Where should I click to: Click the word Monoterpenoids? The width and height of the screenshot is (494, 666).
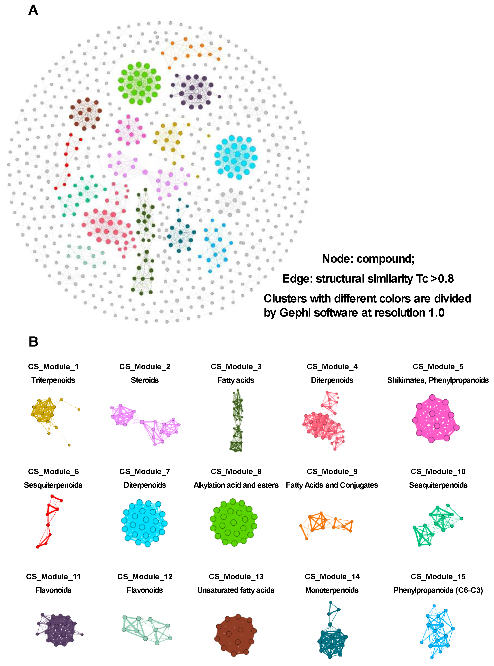pyautogui.click(x=332, y=590)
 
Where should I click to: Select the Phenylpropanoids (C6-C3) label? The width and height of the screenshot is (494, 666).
pyautogui.click(x=438, y=590)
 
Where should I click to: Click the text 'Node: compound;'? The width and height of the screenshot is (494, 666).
pyautogui.click(x=368, y=259)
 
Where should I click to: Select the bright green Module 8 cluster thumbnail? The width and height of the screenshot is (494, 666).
pyautogui.click(x=234, y=523)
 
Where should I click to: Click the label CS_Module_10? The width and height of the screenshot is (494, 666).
pyautogui.click(x=438, y=472)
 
